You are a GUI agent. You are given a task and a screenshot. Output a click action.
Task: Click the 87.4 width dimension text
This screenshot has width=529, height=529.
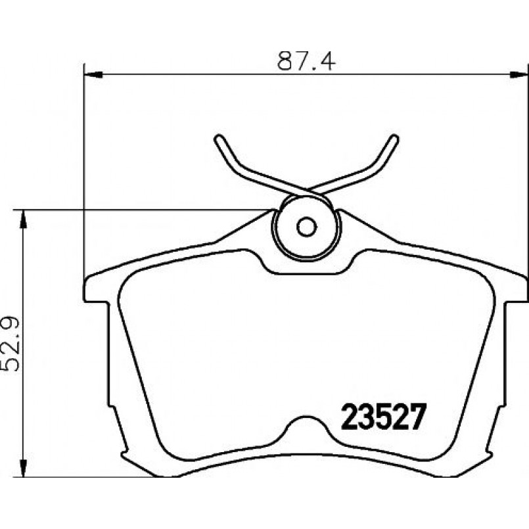[306, 60]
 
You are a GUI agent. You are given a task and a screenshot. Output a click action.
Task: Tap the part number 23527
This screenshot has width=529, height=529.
[382, 417]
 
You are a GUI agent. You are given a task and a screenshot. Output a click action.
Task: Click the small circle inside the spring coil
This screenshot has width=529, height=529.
[307, 226]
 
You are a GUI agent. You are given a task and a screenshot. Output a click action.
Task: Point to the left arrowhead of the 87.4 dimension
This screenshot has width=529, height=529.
[93, 75]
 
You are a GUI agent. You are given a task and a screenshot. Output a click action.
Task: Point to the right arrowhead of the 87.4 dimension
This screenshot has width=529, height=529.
[518, 75]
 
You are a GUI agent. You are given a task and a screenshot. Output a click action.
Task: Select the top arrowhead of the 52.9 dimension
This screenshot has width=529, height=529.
[23, 219]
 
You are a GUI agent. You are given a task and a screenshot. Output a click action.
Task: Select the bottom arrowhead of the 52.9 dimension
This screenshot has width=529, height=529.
[23, 468]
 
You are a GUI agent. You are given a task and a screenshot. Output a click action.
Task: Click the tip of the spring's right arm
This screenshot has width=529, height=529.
[395, 137]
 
